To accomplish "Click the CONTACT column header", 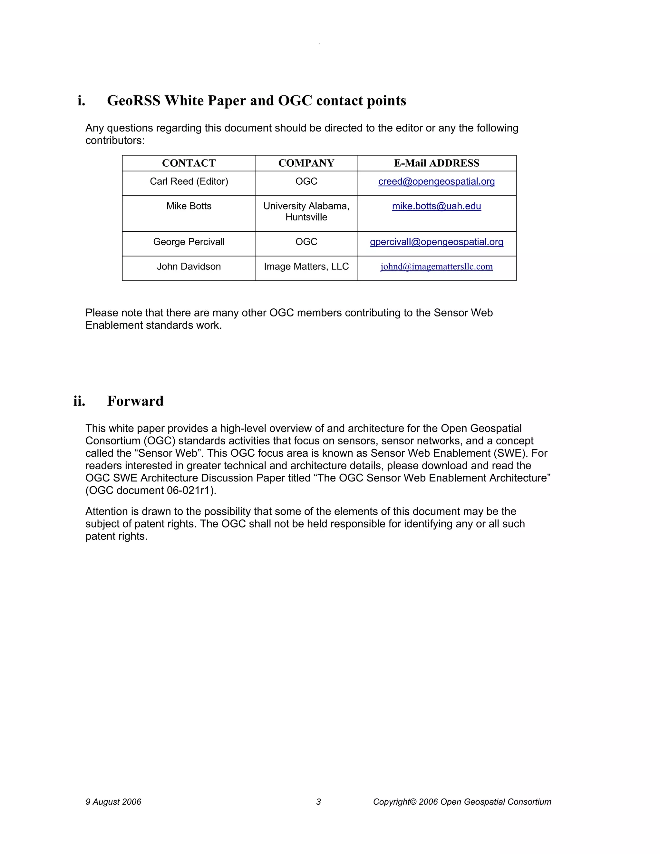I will click(189, 163).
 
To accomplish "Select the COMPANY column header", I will click(306, 163).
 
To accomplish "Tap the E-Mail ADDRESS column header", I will click(436, 163).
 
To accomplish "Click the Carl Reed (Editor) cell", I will click(189, 181).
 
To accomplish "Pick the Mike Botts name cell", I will click(189, 206).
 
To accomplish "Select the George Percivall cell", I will click(189, 242).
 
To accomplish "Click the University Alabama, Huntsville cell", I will click(306, 211).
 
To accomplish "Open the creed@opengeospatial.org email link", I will click(436, 181).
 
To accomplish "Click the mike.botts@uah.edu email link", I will click(436, 206).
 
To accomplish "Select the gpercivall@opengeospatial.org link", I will click(436, 242).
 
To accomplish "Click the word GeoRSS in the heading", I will click(134, 101).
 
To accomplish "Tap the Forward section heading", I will click(135, 401).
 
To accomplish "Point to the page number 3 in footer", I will click(318, 802).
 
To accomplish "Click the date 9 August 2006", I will click(113, 802).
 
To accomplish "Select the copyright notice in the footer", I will click(462, 802).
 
